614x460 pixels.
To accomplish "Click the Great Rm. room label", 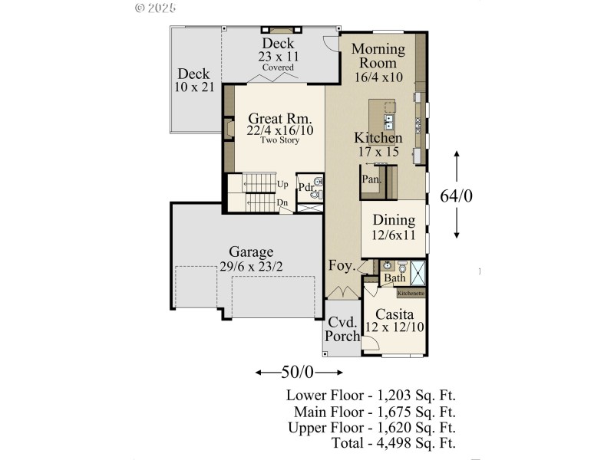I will click(279, 119).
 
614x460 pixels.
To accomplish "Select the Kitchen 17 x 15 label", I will click(378, 145).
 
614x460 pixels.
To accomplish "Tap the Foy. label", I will click(342, 267).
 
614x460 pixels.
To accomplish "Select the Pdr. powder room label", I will click(305, 186).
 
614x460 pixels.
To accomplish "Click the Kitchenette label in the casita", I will click(411, 293).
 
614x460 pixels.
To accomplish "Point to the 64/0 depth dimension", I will click(456, 196).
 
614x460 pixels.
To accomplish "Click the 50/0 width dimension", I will click(298, 373).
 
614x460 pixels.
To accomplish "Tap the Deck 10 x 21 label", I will click(194, 80).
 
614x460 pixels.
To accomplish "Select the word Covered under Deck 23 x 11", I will click(278, 67).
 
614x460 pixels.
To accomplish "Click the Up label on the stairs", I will click(282, 184).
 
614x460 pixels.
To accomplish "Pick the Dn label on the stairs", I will click(282, 202).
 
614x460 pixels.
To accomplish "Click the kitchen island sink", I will click(388, 120).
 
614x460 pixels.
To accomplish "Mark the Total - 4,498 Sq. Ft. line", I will click(394, 442).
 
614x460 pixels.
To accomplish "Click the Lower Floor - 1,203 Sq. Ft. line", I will click(371, 396).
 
